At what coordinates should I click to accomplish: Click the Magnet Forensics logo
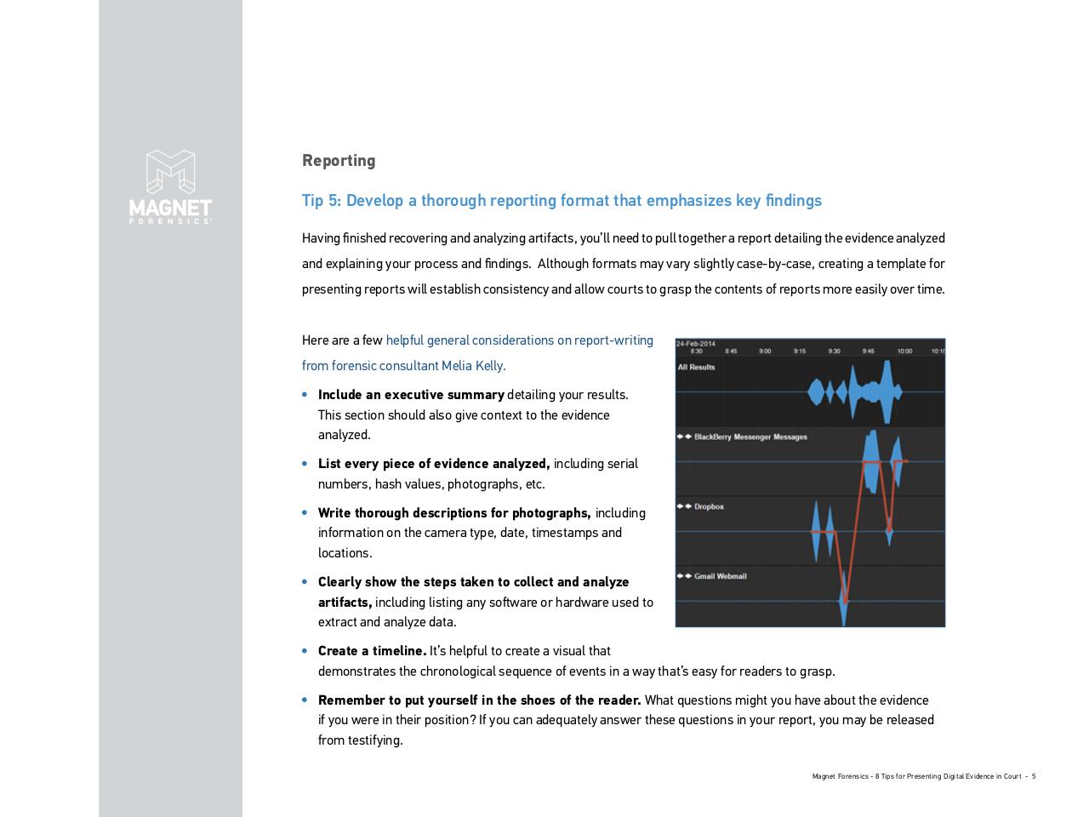170,186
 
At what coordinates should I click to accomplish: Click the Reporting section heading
339,161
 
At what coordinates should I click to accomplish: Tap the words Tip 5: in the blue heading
322,201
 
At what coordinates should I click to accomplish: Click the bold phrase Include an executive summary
411,395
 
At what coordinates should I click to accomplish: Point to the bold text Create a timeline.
372,651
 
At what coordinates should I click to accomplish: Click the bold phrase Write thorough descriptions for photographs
454,513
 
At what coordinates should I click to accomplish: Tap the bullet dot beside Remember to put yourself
305,700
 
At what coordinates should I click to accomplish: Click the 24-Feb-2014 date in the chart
696,344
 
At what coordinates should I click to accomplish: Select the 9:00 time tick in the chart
765,351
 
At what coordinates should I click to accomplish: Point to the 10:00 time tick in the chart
904,351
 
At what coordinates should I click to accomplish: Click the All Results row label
696,368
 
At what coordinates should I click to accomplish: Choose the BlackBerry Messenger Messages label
750,437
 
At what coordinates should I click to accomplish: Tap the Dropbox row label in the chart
709,507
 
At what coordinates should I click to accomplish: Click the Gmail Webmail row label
720,577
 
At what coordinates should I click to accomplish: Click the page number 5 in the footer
1034,776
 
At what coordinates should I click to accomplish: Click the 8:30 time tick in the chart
696,351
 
